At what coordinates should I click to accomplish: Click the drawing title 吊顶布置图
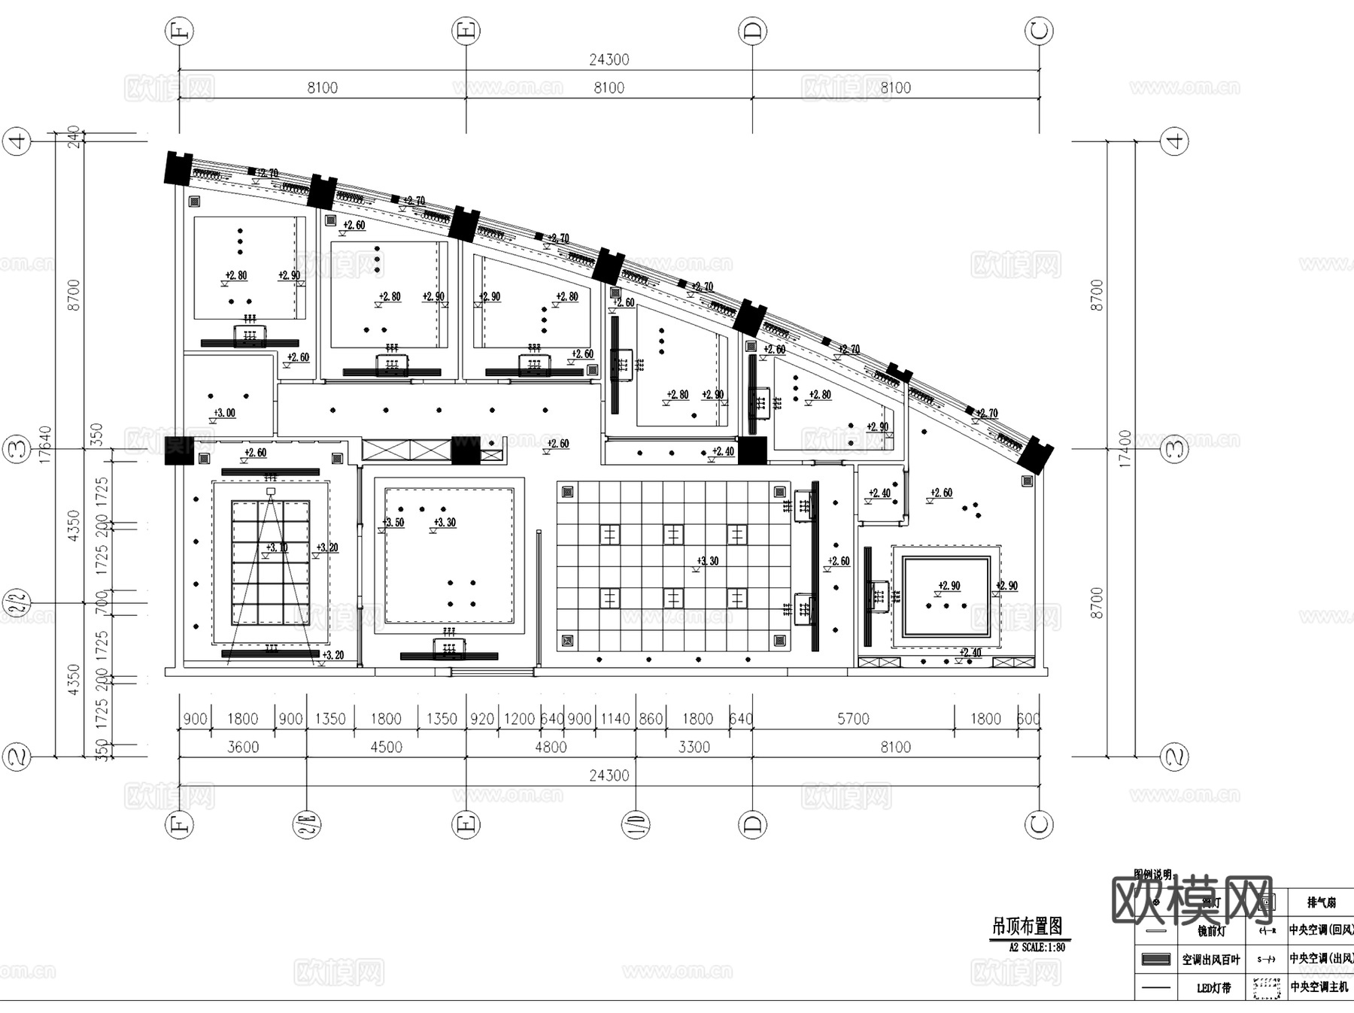click(1027, 926)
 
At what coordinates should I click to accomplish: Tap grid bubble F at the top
click(179, 32)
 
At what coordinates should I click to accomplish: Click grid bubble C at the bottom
click(1039, 825)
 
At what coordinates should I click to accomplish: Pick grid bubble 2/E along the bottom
click(307, 825)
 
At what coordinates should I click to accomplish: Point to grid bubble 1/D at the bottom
click(636, 825)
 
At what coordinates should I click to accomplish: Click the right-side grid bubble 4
click(1175, 141)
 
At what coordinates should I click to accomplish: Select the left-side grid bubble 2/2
click(17, 602)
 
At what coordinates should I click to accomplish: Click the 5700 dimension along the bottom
click(853, 719)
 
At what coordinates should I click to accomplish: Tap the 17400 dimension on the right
click(1125, 449)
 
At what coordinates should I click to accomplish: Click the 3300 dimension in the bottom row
click(694, 747)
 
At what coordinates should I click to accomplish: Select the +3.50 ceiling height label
click(393, 523)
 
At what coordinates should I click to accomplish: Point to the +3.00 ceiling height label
click(224, 413)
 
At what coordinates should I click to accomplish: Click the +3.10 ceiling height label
click(277, 547)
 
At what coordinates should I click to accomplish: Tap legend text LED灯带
click(1213, 988)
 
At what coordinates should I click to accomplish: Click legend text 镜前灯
click(1212, 931)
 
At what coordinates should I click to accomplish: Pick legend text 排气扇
click(1321, 902)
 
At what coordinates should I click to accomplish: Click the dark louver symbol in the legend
click(1156, 960)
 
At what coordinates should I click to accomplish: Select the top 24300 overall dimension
click(609, 59)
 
